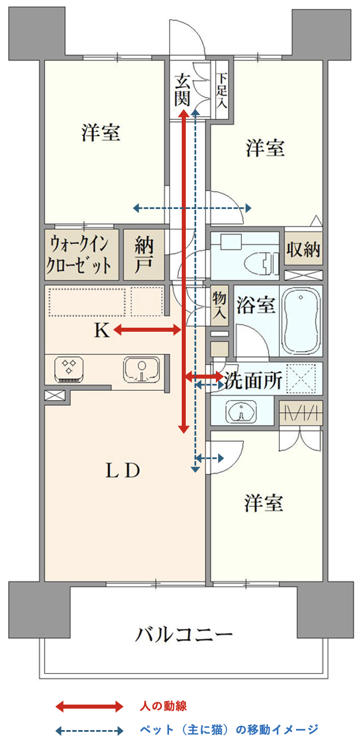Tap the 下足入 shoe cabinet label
pyautogui.click(x=221, y=90)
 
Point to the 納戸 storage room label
pyautogui.click(x=144, y=255)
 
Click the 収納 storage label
pyautogui.click(x=303, y=249)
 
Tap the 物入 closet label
pyautogui.click(x=219, y=305)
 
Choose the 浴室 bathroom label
pyautogui.click(x=256, y=305)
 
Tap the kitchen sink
pyautogui.click(x=142, y=370)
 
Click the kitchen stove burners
pyautogui.click(x=68, y=370)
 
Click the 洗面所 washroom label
pyautogui.click(x=253, y=380)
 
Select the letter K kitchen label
pyautogui.click(x=102, y=331)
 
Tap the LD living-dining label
pyautogui.click(x=123, y=470)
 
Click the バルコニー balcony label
pyautogui.click(x=183, y=635)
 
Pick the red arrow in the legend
pyautogui.click(x=89, y=706)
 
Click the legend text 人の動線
pyautogui.click(x=163, y=706)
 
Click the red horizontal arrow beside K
pyautogui.click(x=147, y=331)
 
